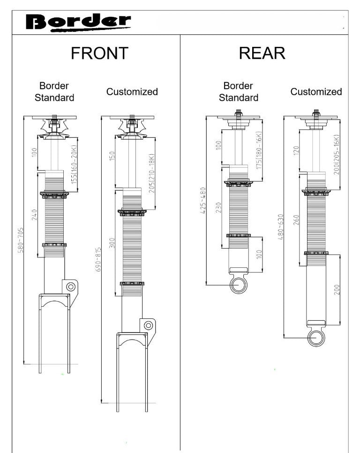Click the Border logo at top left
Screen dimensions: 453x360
78,22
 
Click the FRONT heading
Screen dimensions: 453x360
99,53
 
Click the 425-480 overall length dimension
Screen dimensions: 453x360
203,201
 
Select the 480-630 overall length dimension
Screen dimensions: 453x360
281,227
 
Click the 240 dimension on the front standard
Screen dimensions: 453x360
34,214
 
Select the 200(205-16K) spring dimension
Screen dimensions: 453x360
336,154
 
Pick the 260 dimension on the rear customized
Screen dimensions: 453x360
296,220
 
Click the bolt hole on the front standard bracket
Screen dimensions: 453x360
71,286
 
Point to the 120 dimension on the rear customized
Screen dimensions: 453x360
296,151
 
